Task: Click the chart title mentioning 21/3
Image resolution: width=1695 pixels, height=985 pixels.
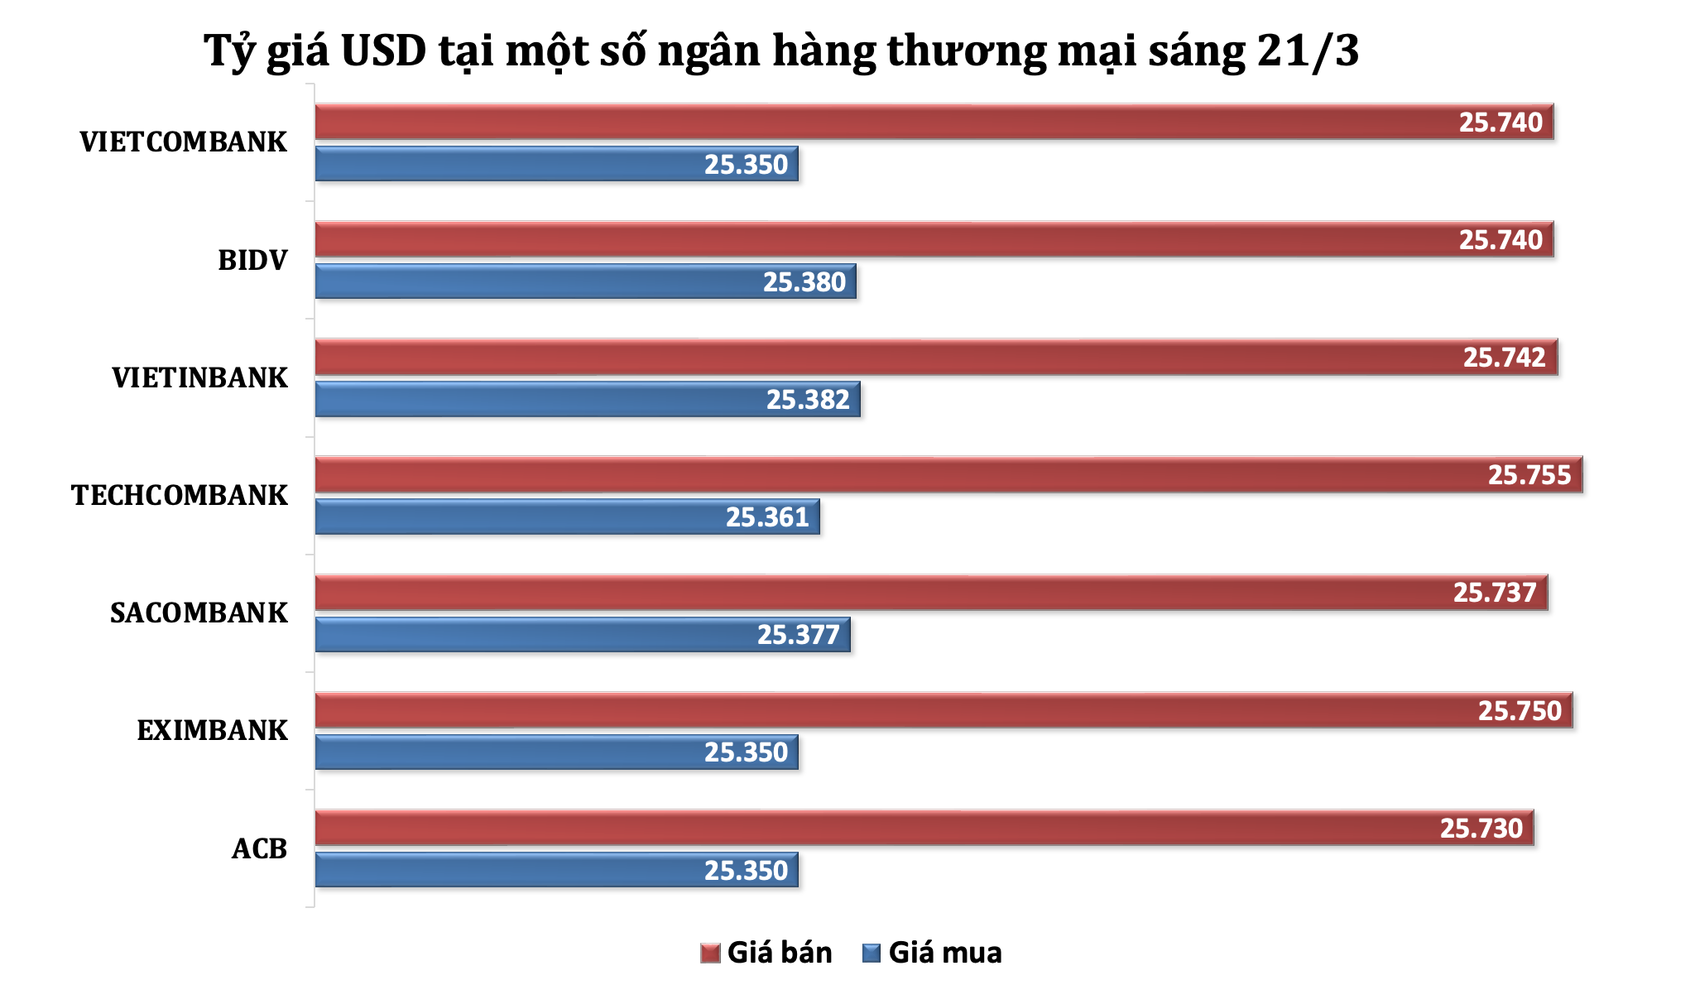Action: coord(781,51)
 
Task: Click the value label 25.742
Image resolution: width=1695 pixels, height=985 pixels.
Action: coord(1504,358)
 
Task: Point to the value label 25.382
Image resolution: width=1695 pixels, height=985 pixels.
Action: coord(808,400)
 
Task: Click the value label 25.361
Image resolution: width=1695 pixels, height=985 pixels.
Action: coord(767,517)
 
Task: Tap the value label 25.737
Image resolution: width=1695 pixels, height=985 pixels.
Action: coord(1495,593)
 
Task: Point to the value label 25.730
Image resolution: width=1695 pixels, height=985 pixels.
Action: coord(1481,829)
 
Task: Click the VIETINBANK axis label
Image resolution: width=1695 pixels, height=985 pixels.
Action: coord(199,378)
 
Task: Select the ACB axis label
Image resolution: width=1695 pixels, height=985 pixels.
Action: coord(259,849)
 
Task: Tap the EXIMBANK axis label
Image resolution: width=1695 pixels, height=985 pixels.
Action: coord(212,731)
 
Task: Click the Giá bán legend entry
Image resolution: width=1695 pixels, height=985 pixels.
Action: coord(766,953)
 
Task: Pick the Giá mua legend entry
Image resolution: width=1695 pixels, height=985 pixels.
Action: coord(932,953)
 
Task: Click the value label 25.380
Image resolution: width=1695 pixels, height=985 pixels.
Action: coord(804,282)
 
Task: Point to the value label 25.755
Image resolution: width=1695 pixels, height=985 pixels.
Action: coord(1529,475)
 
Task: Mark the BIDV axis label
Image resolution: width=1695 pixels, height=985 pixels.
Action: coord(252,261)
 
